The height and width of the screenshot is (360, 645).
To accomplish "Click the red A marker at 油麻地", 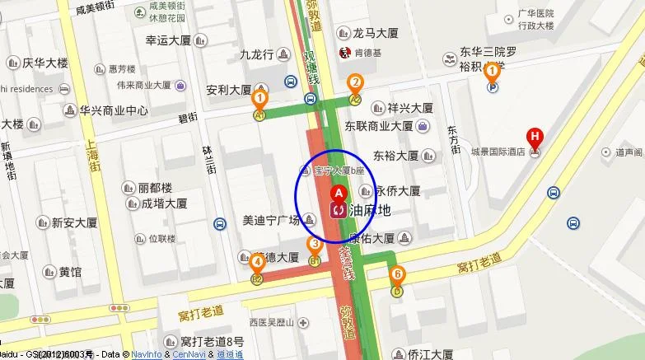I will [x=336, y=192].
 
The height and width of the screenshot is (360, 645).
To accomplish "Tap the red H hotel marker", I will [x=535, y=137].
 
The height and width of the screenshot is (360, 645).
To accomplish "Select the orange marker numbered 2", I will [x=355, y=82].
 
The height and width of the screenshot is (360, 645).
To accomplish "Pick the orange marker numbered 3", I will [x=314, y=244].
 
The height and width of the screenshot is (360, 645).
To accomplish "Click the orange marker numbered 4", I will [x=258, y=263].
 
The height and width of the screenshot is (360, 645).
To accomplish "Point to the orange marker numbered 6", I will [x=398, y=274].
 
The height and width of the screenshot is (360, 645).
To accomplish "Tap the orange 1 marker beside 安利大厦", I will [x=260, y=97].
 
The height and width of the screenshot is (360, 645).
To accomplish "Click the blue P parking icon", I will [x=493, y=86].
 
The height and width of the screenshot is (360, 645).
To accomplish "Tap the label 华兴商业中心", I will [x=114, y=110].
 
